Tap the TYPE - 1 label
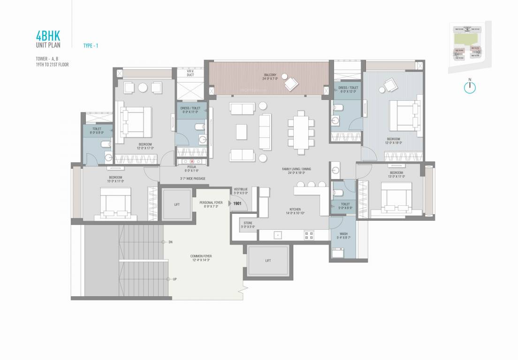91,45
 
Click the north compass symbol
470,87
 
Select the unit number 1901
237,203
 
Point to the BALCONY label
269,75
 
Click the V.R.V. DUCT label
190,73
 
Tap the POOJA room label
191,166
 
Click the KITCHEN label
295,209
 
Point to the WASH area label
343,234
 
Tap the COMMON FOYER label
201,256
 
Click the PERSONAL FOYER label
211,202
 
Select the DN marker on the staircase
170,242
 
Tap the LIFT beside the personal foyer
176,203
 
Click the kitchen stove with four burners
309,234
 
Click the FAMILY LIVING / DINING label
297,169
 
